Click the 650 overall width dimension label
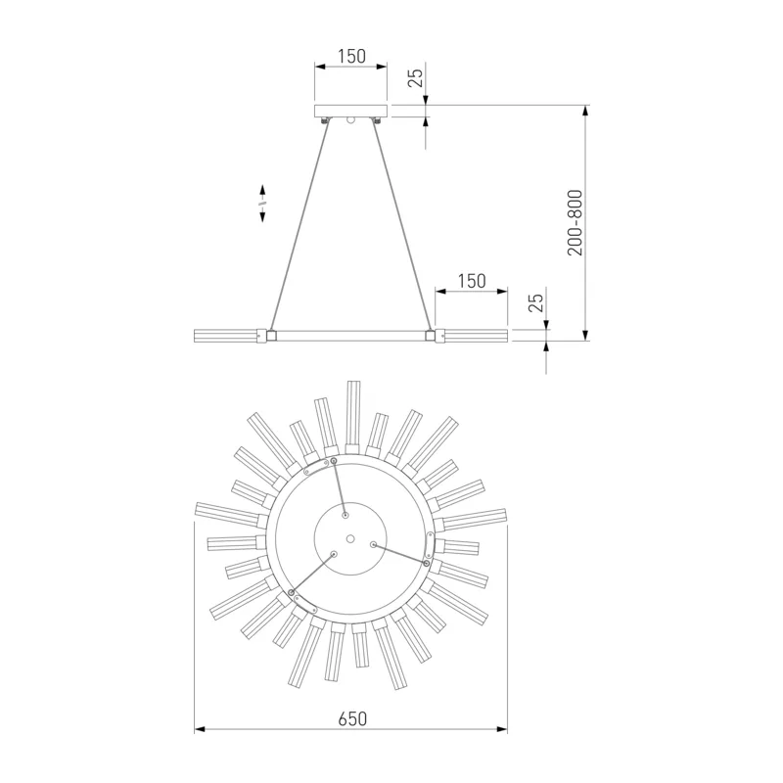pos(352,718)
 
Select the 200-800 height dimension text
pos(576,223)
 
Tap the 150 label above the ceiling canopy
pos(351,57)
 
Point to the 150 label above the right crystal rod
pos(472,281)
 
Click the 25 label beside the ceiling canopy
pos(415,77)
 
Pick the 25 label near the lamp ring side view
pos(535,302)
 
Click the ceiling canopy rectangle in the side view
pos(350,111)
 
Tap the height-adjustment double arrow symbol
pos(262,203)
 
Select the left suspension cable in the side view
pos(299,226)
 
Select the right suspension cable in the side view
pos(401,226)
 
